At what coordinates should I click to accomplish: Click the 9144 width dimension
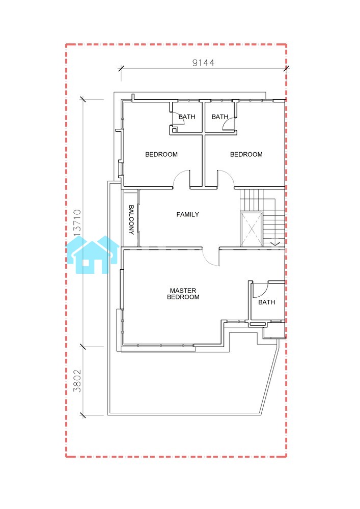pyautogui.click(x=203, y=63)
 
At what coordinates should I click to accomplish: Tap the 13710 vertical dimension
pyautogui.click(x=77, y=224)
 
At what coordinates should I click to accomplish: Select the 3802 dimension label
pyautogui.click(x=77, y=381)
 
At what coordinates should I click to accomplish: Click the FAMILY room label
pyautogui.click(x=187, y=214)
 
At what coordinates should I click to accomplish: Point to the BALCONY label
pyautogui.click(x=131, y=219)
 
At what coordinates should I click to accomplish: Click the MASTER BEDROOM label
pyautogui.click(x=183, y=294)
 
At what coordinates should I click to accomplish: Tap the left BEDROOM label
pyautogui.click(x=161, y=155)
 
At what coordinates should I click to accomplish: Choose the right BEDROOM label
pyautogui.click(x=246, y=155)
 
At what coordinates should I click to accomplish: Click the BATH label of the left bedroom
pyautogui.click(x=187, y=117)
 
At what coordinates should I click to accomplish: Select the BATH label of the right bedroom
pyautogui.click(x=220, y=117)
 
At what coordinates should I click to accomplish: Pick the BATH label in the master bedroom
pyautogui.click(x=266, y=302)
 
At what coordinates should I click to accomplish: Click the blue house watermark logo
pyautogui.click(x=93, y=254)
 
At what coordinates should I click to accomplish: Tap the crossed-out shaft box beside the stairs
pyautogui.click(x=251, y=229)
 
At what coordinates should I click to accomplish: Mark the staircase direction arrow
pyautogui.click(x=275, y=243)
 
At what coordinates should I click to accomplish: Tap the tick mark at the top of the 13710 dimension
pyautogui.click(x=83, y=99)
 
